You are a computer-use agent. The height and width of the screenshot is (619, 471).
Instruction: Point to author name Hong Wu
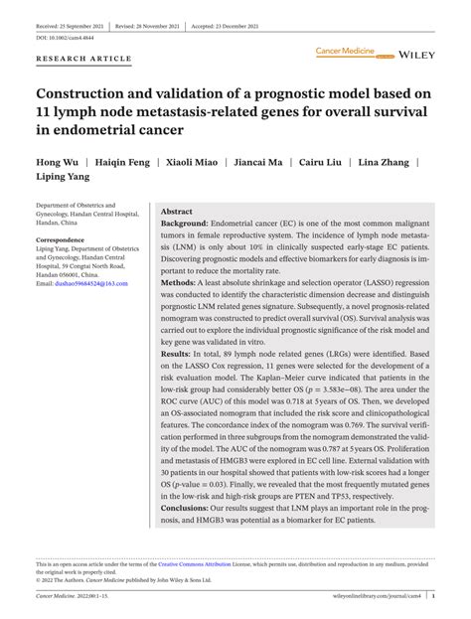click(x=57, y=159)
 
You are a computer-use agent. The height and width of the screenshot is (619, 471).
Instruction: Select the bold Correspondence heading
click(x=61, y=240)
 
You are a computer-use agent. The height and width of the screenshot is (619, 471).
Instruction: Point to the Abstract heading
click(x=177, y=212)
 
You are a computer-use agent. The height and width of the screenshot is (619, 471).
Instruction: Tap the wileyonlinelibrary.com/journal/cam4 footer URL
click(x=387, y=599)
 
